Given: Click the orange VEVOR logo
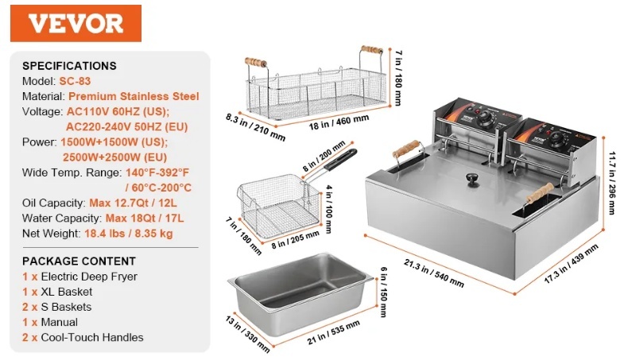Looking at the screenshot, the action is [x=76, y=24].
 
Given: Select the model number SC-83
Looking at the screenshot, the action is [x=75, y=81].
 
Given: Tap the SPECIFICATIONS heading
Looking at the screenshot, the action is [x=69, y=66].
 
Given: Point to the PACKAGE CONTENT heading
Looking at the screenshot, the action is [x=79, y=261].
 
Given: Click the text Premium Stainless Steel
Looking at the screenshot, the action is [x=134, y=97].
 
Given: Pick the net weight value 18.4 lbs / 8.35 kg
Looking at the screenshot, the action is [x=129, y=234].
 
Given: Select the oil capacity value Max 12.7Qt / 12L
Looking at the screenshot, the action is [x=133, y=203].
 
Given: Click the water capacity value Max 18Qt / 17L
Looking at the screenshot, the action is [x=145, y=219].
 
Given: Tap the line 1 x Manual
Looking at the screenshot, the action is [x=50, y=322].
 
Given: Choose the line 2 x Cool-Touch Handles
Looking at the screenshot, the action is [x=83, y=337].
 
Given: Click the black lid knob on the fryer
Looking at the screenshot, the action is [x=473, y=179].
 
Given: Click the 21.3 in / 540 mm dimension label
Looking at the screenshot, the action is [x=434, y=273].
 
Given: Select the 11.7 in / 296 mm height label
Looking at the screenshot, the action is [x=611, y=183].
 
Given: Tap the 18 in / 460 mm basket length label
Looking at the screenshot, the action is [x=339, y=122].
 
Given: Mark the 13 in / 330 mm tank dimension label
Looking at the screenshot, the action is [x=247, y=335].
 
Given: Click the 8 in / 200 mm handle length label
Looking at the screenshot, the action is [x=324, y=156].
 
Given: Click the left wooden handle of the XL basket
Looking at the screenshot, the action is [x=255, y=63].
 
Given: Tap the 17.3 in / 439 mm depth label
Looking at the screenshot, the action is [x=571, y=263].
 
